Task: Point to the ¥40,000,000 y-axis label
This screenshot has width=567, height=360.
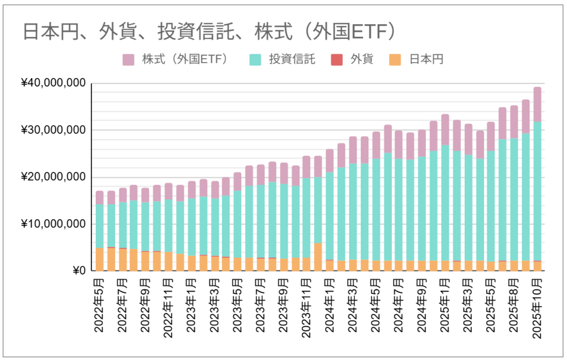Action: point(53,83)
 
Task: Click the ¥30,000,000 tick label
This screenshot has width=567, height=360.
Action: point(53,130)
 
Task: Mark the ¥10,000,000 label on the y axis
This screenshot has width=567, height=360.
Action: point(53,224)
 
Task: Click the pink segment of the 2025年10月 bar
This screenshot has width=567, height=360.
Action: point(537,104)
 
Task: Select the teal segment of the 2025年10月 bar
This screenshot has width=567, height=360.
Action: point(537,191)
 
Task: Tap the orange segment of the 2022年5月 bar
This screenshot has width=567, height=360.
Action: point(100,260)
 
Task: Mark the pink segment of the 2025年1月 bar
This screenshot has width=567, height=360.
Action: point(445,130)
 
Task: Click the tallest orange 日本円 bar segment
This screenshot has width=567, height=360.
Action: point(318,257)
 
